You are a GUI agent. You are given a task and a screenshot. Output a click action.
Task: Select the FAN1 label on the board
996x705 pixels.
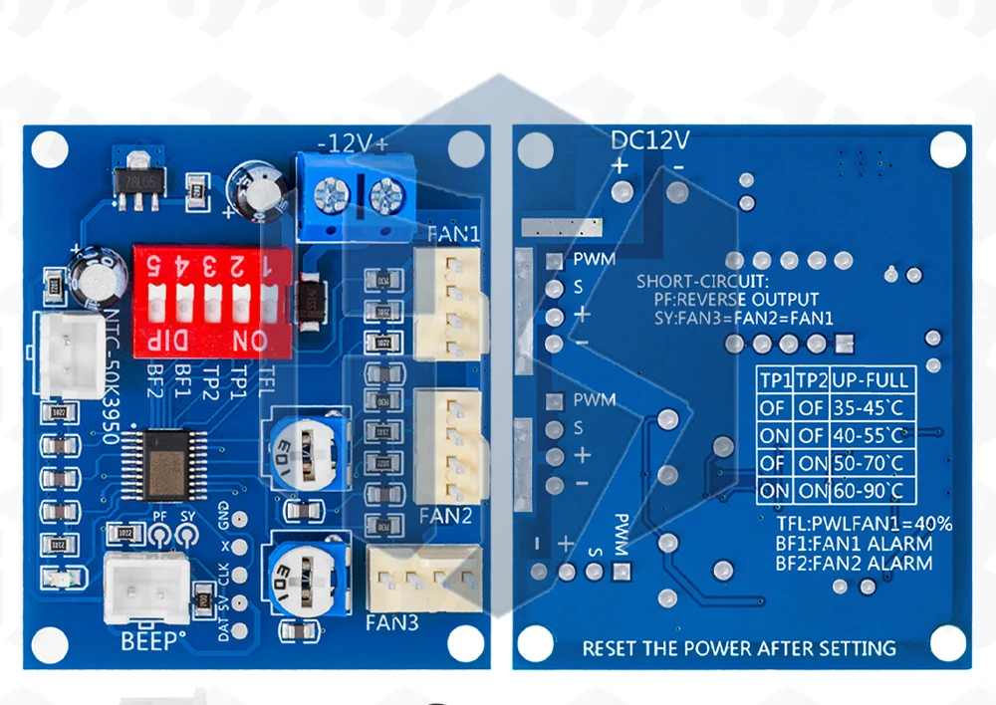coord(453,235)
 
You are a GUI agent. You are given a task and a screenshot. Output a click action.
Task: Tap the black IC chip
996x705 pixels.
coord(164,465)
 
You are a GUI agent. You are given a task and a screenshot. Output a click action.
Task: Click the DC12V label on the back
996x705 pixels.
coord(650,139)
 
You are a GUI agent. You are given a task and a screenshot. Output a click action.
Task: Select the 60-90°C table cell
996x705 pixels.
coord(871,491)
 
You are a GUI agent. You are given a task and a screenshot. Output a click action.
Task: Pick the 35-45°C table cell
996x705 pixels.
coord(871,407)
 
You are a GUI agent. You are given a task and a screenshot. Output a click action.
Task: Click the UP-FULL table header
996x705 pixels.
coord(871,380)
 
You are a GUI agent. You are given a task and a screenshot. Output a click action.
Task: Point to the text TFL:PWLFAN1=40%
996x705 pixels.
coord(864,524)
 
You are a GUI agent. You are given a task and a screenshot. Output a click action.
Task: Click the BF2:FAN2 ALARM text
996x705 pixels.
coord(854,564)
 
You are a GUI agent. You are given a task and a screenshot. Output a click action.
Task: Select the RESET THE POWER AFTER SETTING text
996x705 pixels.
coord(739,648)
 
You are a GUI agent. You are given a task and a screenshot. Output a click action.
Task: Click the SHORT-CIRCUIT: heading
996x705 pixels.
coord(703,282)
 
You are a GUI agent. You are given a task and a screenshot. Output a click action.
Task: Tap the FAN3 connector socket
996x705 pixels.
coord(423,576)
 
